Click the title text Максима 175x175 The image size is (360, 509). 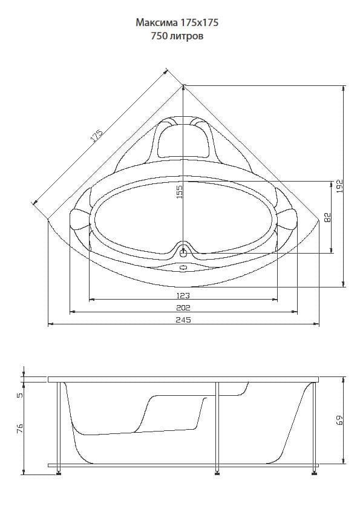[x=177, y=22]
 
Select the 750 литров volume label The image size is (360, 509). [x=177, y=35]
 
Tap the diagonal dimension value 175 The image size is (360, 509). [x=96, y=136]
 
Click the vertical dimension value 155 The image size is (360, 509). [x=180, y=190]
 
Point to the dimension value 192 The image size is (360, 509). [x=339, y=186]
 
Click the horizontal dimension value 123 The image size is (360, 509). [x=183, y=295]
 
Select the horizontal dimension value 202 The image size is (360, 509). [x=183, y=307]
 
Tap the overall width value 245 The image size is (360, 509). [x=183, y=320]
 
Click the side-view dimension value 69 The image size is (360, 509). [x=340, y=420]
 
